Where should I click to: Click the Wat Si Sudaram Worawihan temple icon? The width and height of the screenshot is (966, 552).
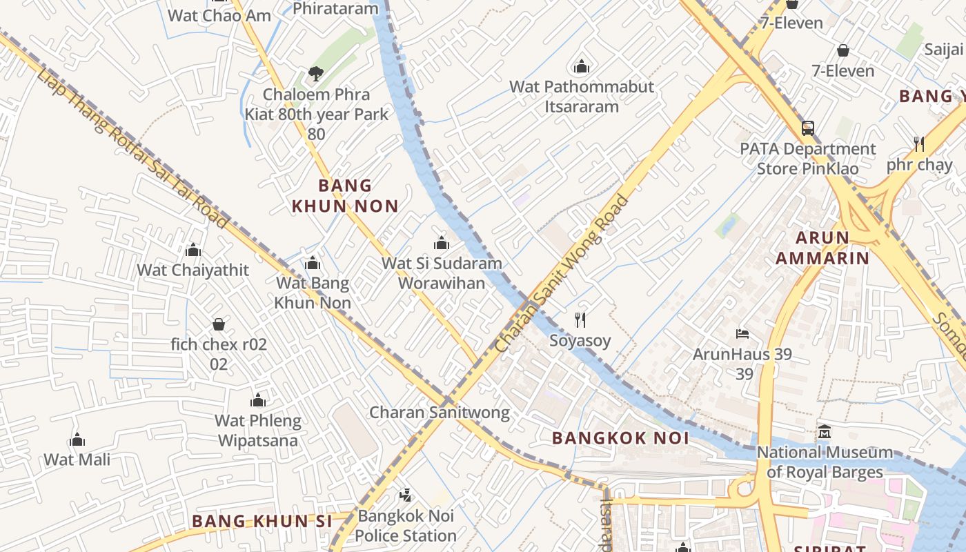[442, 243]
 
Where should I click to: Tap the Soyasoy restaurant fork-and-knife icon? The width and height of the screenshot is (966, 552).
[580, 319]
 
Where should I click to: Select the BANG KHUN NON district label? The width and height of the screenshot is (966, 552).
[345, 195]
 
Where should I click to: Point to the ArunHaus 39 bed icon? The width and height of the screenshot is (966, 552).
[742, 334]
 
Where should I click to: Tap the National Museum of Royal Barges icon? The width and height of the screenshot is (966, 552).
[825, 432]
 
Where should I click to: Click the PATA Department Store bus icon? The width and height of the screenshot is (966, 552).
[807, 128]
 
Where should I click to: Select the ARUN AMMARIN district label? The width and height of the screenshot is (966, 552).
[822, 248]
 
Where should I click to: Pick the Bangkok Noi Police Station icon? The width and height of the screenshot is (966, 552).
[406, 495]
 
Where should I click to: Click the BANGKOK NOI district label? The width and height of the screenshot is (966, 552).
[620, 437]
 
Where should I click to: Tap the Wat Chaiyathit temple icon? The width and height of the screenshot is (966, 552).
[193, 249]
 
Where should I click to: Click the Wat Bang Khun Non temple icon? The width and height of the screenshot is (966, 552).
[313, 263]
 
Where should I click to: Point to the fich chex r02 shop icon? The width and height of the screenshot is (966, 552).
[219, 324]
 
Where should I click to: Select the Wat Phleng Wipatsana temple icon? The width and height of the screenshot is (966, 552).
[258, 400]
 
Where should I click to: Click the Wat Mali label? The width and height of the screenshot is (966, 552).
[77, 459]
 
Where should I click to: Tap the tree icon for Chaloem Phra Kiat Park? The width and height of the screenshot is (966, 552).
[316, 73]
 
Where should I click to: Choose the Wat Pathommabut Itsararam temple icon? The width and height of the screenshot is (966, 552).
[582, 66]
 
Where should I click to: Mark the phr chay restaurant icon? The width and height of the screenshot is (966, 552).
[918, 144]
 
